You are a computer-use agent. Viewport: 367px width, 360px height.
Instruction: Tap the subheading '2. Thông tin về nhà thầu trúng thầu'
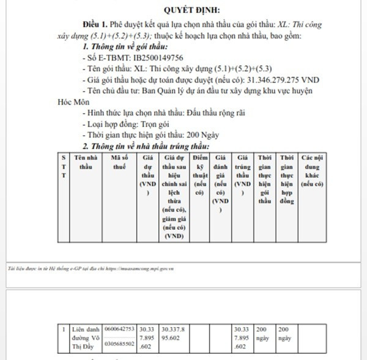(x=146, y=146)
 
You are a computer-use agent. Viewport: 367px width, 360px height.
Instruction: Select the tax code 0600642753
(x=120, y=328)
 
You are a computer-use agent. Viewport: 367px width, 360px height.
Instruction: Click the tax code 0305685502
(x=120, y=343)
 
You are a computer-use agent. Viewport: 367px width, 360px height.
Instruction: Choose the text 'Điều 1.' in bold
(x=95, y=24)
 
